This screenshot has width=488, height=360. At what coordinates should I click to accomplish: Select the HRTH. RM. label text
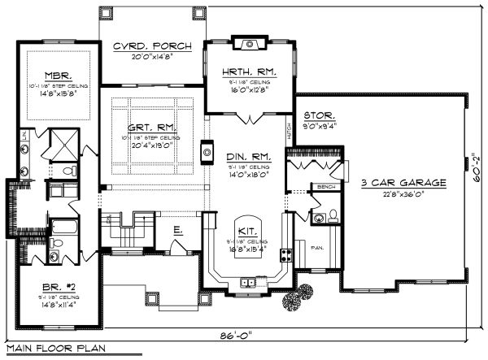pos(250,72)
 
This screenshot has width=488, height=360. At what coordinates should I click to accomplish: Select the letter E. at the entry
pos(178,230)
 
